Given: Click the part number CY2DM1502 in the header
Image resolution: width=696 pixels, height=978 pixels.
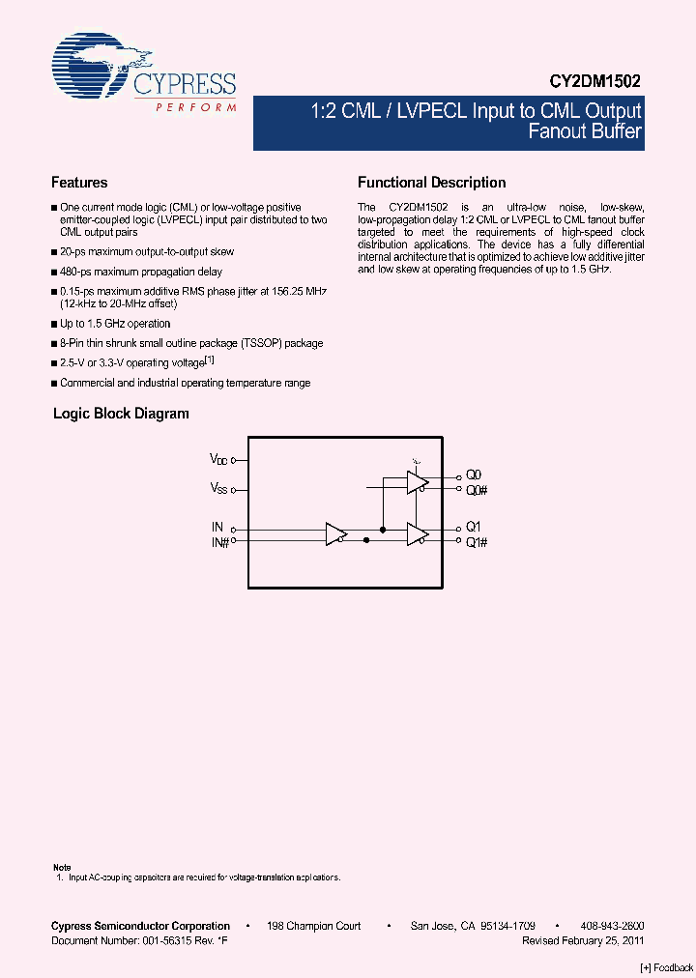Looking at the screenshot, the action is (x=599, y=84).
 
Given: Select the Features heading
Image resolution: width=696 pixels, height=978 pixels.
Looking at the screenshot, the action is (x=79, y=183).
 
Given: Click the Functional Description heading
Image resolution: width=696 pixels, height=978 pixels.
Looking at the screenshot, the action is (x=431, y=183).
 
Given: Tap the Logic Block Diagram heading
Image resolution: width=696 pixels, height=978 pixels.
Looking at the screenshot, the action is (x=121, y=414).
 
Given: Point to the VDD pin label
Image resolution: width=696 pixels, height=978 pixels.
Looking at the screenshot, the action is (x=218, y=460).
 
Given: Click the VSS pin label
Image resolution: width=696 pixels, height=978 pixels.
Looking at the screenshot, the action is (x=218, y=489).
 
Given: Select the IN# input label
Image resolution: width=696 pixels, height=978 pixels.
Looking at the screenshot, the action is (x=219, y=543).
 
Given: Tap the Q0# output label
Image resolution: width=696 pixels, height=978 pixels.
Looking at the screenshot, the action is (x=475, y=490).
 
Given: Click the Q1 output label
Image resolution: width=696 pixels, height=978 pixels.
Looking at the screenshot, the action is (x=473, y=528).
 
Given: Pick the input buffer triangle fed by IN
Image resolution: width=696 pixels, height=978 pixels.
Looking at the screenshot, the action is (x=335, y=534).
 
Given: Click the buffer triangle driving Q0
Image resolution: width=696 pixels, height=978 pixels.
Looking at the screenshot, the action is (x=417, y=482).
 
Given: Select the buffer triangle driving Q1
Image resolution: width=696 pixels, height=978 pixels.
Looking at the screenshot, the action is (x=417, y=534).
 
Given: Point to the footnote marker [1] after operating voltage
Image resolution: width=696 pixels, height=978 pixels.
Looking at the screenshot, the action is (x=208, y=360).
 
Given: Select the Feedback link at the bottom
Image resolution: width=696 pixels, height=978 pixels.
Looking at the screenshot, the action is (x=666, y=967).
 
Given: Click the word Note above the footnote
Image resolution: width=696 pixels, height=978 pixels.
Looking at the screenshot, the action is (x=62, y=867).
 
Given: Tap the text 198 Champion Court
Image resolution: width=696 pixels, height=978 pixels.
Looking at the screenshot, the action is (x=312, y=926).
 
